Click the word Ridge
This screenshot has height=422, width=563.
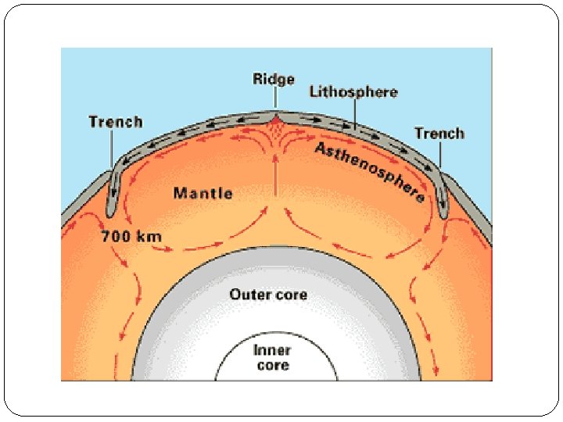click(274, 79)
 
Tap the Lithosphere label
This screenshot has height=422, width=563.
click(353, 92)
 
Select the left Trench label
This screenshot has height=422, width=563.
click(116, 121)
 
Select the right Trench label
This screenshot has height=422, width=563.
click(439, 133)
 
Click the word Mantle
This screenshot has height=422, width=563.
click(203, 192)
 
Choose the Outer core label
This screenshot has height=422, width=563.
click(268, 295)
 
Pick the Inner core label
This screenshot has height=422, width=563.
click(271, 357)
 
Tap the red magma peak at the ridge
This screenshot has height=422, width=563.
click(275, 118)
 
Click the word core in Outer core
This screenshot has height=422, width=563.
click(289, 295)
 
